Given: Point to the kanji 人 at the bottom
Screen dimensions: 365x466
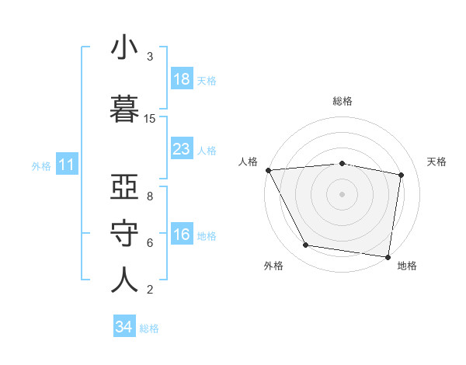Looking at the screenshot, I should [124, 280].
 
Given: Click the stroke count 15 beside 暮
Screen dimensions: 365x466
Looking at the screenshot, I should [150, 119].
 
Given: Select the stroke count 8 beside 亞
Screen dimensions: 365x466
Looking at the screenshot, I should [150, 196].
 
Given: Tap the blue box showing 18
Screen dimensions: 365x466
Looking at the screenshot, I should [182, 78].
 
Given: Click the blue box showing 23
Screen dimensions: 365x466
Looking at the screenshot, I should [182, 149].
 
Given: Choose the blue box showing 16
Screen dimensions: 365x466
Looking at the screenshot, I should [182, 235].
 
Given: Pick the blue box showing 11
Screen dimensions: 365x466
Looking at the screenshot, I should [67, 165].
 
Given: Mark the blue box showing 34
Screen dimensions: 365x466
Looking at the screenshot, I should [124, 327].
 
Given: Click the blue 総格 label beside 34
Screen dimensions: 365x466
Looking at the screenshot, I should [149, 328].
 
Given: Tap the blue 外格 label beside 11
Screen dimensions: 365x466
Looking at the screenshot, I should [41, 165].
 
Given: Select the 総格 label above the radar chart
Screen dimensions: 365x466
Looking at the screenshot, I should [343, 101].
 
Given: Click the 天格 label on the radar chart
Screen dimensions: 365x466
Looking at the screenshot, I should [437, 162].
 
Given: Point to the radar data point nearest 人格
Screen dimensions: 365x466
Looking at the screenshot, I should [268, 170].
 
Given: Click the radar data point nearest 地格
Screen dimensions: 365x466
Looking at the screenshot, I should [388, 256].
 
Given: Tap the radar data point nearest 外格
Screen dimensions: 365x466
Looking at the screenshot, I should [305, 245].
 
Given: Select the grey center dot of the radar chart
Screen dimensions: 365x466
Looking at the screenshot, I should [343, 194].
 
